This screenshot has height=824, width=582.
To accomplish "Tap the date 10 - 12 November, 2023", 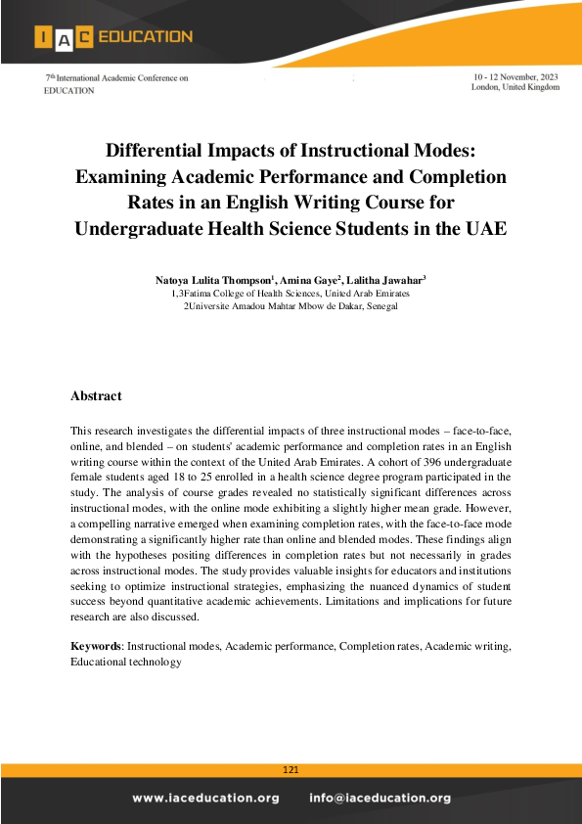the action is pyautogui.click(x=515, y=75).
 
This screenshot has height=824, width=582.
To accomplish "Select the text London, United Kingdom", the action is pyautogui.click(x=515, y=87).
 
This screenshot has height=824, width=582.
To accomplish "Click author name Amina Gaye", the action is pyautogui.click(x=308, y=281).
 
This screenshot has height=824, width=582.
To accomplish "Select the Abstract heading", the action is pyautogui.click(x=96, y=395).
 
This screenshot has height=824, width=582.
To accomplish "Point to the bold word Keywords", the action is pyautogui.click(x=96, y=647).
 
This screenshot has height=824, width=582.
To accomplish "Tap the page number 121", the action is pyautogui.click(x=291, y=771).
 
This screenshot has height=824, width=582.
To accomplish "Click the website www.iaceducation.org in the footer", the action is pyautogui.click(x=206, y=798).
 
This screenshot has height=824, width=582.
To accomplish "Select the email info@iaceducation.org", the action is pyautogui.click(x=381, y=798).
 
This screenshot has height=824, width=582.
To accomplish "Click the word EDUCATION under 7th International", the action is pyautogui.click(x=69, y=90).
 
